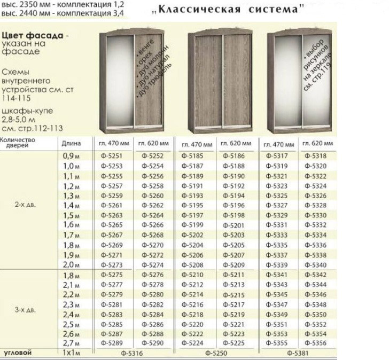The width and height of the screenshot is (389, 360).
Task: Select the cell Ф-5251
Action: [111, 156]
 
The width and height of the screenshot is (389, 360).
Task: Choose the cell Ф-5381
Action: [299, 354]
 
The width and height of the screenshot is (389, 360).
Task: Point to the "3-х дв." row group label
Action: [25, 309]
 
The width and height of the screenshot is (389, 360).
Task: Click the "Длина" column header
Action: [71, 143]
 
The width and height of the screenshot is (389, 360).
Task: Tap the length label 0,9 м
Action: [71, 156]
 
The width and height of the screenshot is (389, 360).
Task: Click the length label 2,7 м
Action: [71, 343]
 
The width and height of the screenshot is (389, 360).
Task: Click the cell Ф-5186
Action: [233, 156]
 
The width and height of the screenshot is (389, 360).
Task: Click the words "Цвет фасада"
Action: [28, 34]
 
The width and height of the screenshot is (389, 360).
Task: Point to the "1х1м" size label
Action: [71, 353]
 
